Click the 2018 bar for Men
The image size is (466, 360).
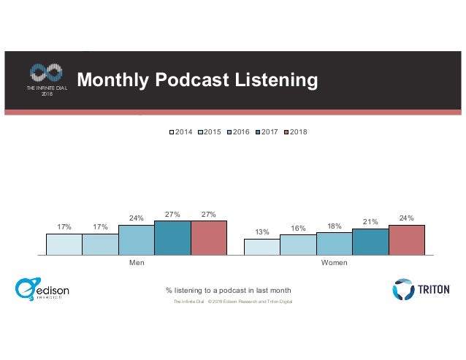pos(209,237)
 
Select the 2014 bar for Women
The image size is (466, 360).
pos(261,247)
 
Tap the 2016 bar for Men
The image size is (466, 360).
pos(137,240)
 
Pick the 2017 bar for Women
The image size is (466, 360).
pos(370,242)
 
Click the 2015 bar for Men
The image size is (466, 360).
pos(100,244)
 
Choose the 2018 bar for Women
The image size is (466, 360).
pos(406,240)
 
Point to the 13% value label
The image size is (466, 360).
pos(261,232)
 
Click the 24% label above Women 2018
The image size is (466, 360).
pos(406,218)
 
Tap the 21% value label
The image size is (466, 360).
pos(370,222)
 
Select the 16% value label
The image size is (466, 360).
pos(298,229)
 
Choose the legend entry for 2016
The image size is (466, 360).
pos(238,131)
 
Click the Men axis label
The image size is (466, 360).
pos(137,261)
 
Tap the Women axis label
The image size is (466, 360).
pos(334,261)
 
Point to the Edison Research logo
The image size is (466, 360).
pos(42,289)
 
